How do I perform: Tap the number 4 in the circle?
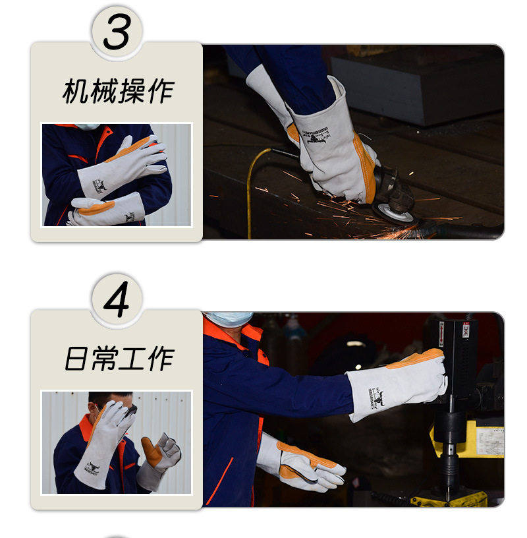pos(117,298)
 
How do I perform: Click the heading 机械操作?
pos(118,91)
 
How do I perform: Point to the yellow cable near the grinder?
pos(251,191)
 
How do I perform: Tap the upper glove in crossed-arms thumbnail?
pos(125,165)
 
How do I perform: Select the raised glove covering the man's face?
pos(105,442)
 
